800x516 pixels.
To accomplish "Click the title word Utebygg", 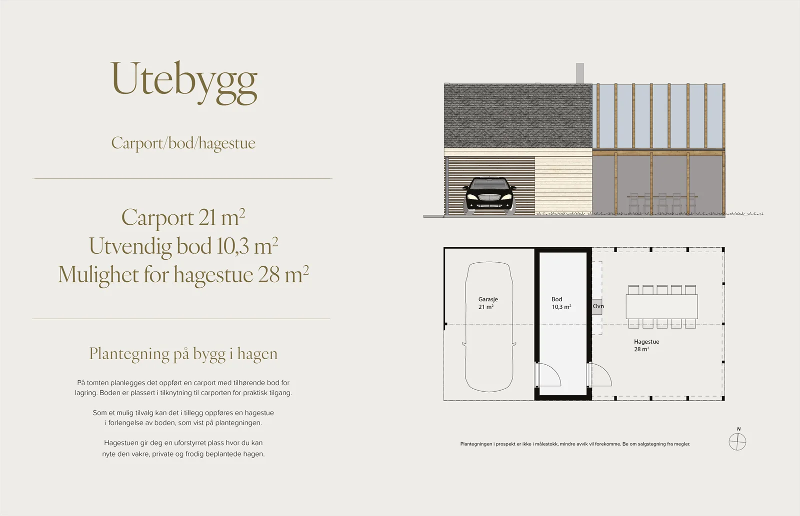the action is (184, 83).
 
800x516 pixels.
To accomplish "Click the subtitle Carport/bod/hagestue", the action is (183, 143).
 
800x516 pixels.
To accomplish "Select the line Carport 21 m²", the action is (183, 217).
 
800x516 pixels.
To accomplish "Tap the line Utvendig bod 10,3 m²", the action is (183, 246).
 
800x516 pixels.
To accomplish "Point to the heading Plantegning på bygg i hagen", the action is (183, 354).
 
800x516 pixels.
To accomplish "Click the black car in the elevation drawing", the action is (489, 196).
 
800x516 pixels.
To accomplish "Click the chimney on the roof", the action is (579, 73).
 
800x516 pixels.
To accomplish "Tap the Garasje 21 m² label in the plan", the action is (488, 303).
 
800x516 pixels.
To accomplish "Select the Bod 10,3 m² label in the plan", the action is (561, 303).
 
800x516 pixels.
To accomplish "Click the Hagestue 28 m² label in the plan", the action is (646, 346).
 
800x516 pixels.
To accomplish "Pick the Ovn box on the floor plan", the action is (597, 307).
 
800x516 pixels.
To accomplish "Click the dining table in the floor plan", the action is (662, 307).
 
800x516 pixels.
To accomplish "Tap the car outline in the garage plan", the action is (489, 327).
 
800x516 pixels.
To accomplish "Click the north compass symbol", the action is (737, 442).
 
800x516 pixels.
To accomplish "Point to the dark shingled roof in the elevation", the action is (518, 116).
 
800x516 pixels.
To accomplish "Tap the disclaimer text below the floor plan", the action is (575, 444).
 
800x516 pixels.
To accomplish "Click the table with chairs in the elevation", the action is (662, 203).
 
